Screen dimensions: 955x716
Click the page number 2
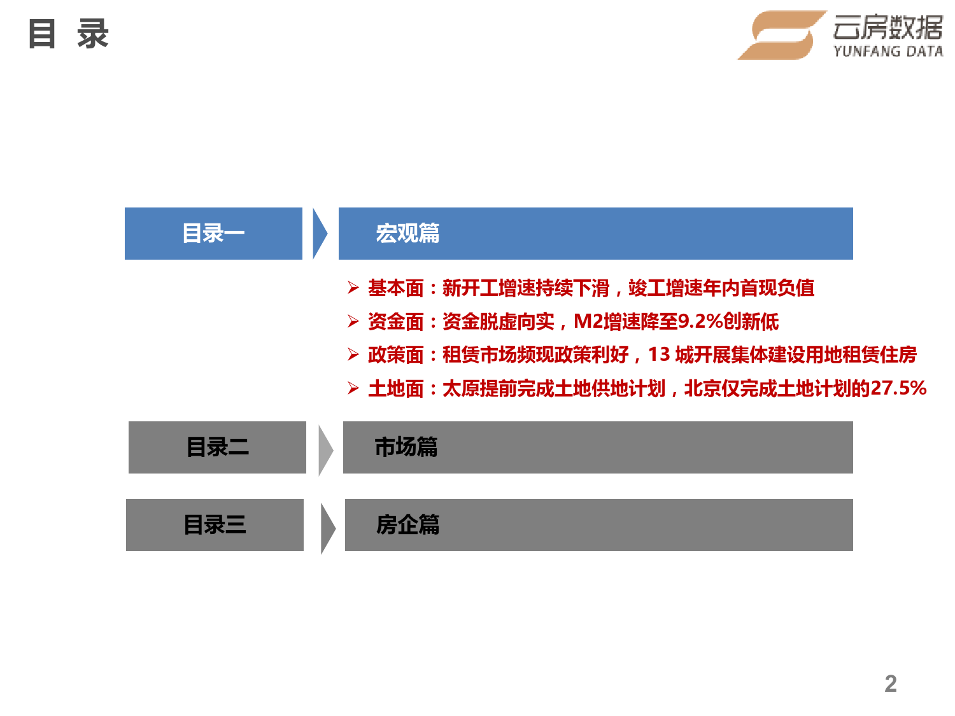point(890,683)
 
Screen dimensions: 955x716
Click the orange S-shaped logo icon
point(781,35)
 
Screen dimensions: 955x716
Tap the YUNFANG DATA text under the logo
point(888,52)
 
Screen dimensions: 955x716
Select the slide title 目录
point(68,34)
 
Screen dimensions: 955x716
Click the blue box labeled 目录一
point(213,234)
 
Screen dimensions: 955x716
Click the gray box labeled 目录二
point(217,447)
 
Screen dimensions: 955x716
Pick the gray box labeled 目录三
point(215,524)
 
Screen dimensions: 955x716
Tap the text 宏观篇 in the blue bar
point(407,234)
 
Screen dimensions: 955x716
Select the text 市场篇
point(406,447)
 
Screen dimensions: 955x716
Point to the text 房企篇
point(407,524)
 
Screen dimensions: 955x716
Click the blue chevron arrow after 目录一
point(320,234)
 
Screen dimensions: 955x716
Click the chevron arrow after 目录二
point(325,451)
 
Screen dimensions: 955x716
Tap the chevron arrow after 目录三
point(328,529)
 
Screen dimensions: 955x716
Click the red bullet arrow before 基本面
point(353,288)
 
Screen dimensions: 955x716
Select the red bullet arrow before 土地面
point(353,388)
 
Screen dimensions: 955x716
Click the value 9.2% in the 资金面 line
point(700,321)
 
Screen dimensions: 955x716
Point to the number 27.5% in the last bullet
point(898,388)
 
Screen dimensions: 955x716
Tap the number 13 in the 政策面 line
point(659,354)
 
